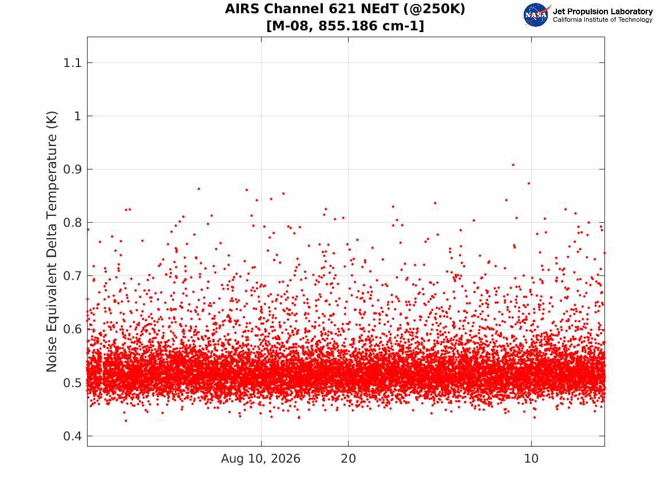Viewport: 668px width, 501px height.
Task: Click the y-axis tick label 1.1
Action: pyautogui.click(x=72, y=63)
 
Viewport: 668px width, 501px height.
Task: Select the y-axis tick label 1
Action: pyautogui.click(x=77, y=116)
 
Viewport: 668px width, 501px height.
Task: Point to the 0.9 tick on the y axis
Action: pyautogui.click(x=72, y=169)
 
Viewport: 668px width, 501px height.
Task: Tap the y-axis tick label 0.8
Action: pyautogui.click(x=72, y=223)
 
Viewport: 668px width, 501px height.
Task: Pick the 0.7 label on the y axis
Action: pyautogui.click(x=72, y=276)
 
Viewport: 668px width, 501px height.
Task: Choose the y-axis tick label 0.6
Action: pyautogui.click(x=72, y=329)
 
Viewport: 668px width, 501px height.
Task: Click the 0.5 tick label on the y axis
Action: pyautogui.click(x=72, y=383)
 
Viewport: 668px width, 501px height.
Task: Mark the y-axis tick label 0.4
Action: pyautogui.click(x=72, y=436)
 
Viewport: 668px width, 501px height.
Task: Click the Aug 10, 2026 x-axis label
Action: pyautogui.click(x=260, y=459)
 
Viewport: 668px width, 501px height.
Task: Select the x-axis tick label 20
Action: pyautogui.click(x=349, y=459)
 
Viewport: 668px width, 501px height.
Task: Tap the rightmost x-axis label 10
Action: pyautogui.click(x=531, y=459)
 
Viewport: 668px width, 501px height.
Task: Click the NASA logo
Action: pyautogui.click(x=536, y=15)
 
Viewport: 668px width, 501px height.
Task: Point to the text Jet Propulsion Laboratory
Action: pyautogui.click(x=603, y=11)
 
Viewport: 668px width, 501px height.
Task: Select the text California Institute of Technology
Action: pyautogui.click(x=603, y=19)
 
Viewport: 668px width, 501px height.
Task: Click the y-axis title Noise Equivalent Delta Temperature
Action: pyautogui.click(x=52, y=242)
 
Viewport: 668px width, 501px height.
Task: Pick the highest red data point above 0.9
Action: pyautogui.click(x=513, y=164)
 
